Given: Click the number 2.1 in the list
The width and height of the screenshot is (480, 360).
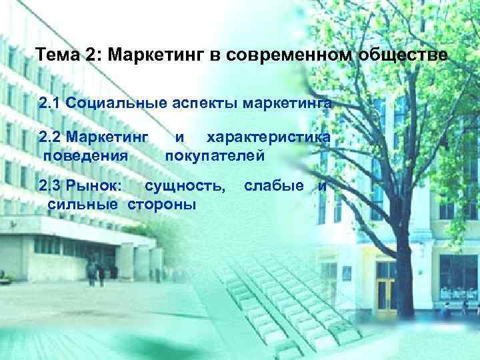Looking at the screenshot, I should coord(51,104).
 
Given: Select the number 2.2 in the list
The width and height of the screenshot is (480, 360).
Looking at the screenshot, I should coord(51,137).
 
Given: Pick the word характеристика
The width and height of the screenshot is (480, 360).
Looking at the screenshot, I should coord(269,137).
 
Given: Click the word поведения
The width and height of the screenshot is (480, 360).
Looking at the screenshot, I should coord(87,157).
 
